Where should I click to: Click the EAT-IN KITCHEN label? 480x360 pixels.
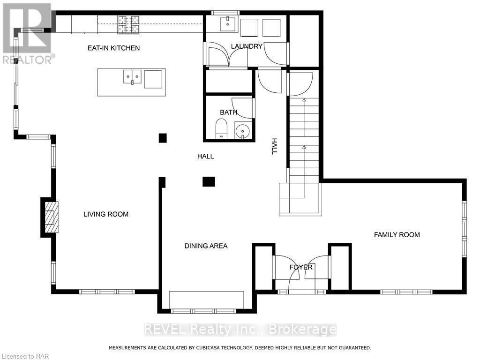pyautogui.click(x=114, y=48)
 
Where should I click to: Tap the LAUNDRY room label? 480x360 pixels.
pyautogui.click(x=246, y=46)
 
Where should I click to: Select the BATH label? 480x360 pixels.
pyautogui.click(x=228, y=112)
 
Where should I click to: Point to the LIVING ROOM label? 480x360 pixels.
pyautogui.click(x=106, y=214)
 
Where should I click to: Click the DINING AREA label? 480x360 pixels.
pyautogui.click(x=206, y=246)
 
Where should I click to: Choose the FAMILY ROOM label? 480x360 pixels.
pyautogui.click(x=397, y=234)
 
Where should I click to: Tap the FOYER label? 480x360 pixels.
pyautogui.click(x=301, y=267)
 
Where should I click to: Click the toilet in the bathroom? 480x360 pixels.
pyautogui.click(x=221, y=129)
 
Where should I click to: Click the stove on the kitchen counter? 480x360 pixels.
pyautogui.click(x=128, y=24)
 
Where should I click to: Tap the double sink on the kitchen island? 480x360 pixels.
pyautogui.click(x=133, y=76)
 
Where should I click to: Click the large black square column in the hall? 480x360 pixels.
pyautogui.click(x=209, y=181)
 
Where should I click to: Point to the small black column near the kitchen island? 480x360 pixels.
pyautogui.click(x=163, y=138)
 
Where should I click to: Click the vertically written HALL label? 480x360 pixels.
pyautogui.click(x=275, y=146)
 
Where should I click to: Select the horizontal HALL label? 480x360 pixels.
pyautogui.click(x=205, y=156)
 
